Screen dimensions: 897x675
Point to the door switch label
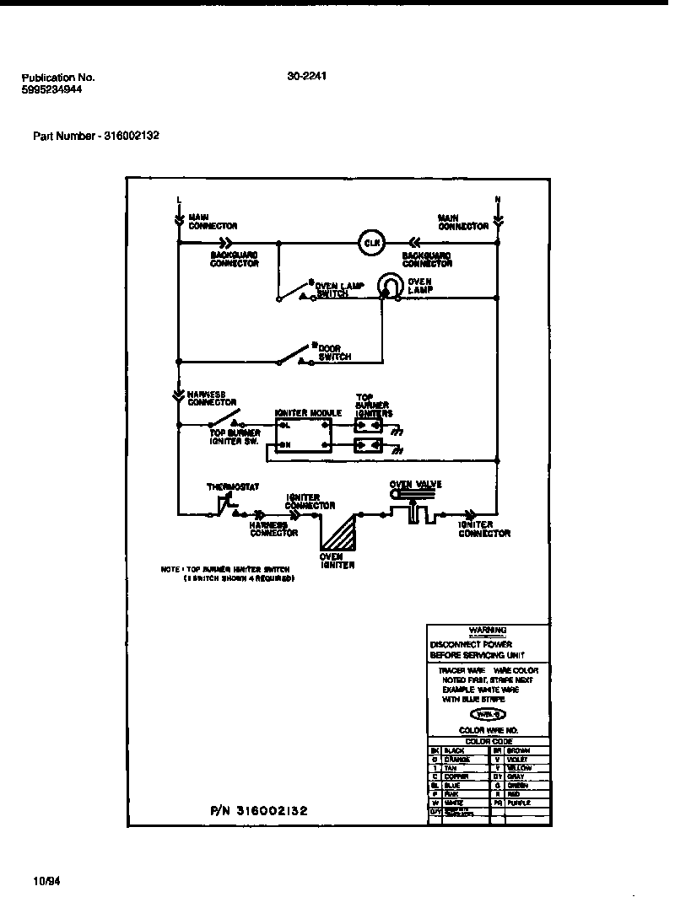pos(334,352)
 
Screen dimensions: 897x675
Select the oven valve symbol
pos(413,508)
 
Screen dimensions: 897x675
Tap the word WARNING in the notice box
pos(488,630)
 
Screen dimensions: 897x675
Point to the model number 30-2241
pos(307,76)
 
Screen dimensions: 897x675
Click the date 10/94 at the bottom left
pos(25,881)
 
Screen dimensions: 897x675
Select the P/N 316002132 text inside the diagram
pos(258,810)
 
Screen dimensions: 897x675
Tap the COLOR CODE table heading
pos(489,741)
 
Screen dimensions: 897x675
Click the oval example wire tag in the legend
pos(488,714)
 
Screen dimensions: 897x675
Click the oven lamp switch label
pos(339,289)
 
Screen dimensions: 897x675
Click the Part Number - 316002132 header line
pos(96,135)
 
